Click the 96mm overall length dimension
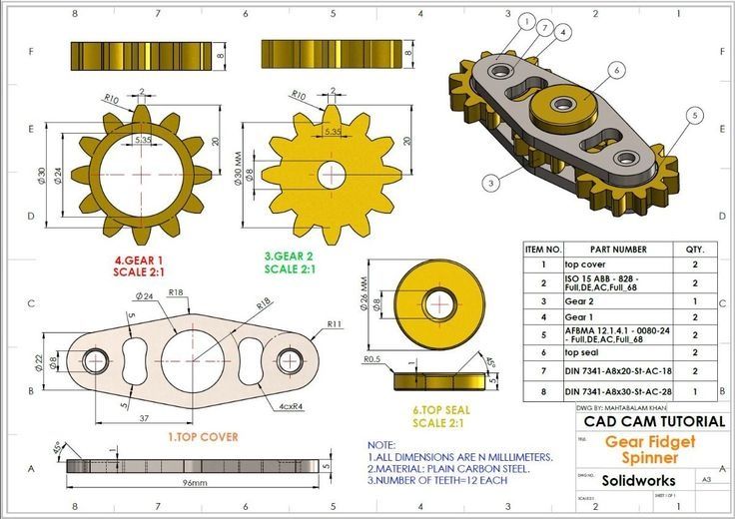click(x=194, y=482)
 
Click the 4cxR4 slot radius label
click(x=293, y=406)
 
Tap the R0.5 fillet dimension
click(x=372, y=358)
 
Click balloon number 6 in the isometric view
click(x=617, y=70)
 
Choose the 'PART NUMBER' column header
click(x=618, y=249)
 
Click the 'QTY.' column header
click(x=694, y=249)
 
